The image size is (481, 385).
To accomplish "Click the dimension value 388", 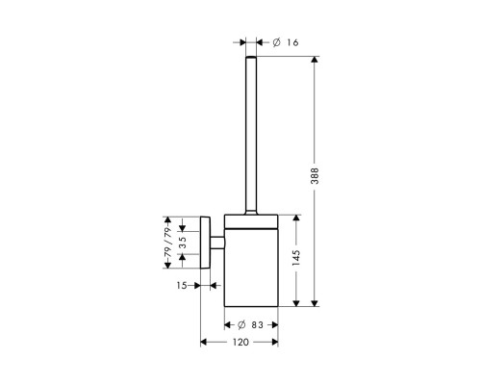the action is click(316, 175).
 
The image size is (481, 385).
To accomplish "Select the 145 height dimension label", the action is click(296, 257).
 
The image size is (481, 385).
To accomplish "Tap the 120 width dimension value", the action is click(240, 343).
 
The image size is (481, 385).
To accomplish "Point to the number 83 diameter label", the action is click(257, 325).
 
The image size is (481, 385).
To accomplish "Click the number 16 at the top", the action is click(292, 42).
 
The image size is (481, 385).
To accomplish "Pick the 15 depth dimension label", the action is click(182, 285).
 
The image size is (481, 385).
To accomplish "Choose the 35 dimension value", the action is click(182, 243).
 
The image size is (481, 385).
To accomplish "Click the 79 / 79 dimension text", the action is click(168, 242).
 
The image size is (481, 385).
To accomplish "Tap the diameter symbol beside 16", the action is click(277, 42).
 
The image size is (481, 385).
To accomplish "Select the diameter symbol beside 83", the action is click(241, 325).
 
